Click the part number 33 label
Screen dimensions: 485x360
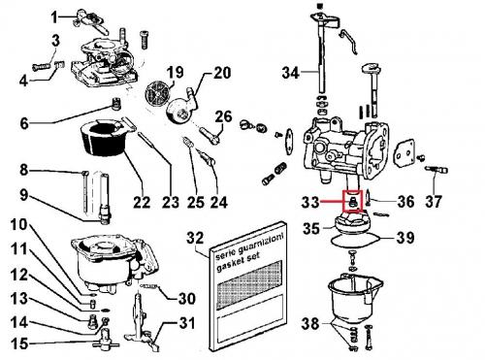coord(310,202)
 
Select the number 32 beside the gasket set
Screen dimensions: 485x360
coord(195,238)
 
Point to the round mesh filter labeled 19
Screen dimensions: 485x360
coord(157,90)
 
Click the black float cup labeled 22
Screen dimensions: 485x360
coord(104,138)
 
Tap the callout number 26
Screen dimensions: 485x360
coord(223,116)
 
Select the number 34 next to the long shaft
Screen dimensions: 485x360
coord(291,73)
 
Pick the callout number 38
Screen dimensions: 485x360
coord(310,323)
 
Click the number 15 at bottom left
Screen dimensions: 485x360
coord(19,344)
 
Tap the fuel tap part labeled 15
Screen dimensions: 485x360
coord(106,339)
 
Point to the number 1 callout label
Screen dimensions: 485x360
coord(54,17)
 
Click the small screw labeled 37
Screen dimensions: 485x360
coord(436,170)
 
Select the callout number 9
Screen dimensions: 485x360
coord(23,195)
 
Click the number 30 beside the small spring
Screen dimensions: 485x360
coord(186,298)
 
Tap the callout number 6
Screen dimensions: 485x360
coord(24,123)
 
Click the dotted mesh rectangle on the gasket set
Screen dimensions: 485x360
coord(250,286)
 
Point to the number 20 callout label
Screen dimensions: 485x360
coord(222,73)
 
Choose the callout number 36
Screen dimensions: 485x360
coord(405,202)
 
